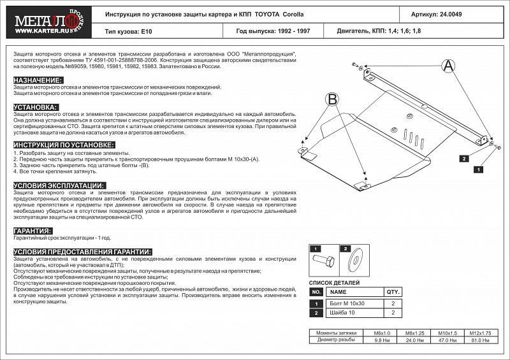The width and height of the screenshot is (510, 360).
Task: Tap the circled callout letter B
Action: pos(331,99)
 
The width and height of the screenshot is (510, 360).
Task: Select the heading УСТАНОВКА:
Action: pos(36,107)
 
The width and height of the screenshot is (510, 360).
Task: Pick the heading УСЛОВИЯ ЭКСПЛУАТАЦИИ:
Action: pos(59,185)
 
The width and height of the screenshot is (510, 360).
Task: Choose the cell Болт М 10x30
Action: pos(343,304)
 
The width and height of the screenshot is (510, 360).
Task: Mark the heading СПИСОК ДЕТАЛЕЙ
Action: pos(334,282)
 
